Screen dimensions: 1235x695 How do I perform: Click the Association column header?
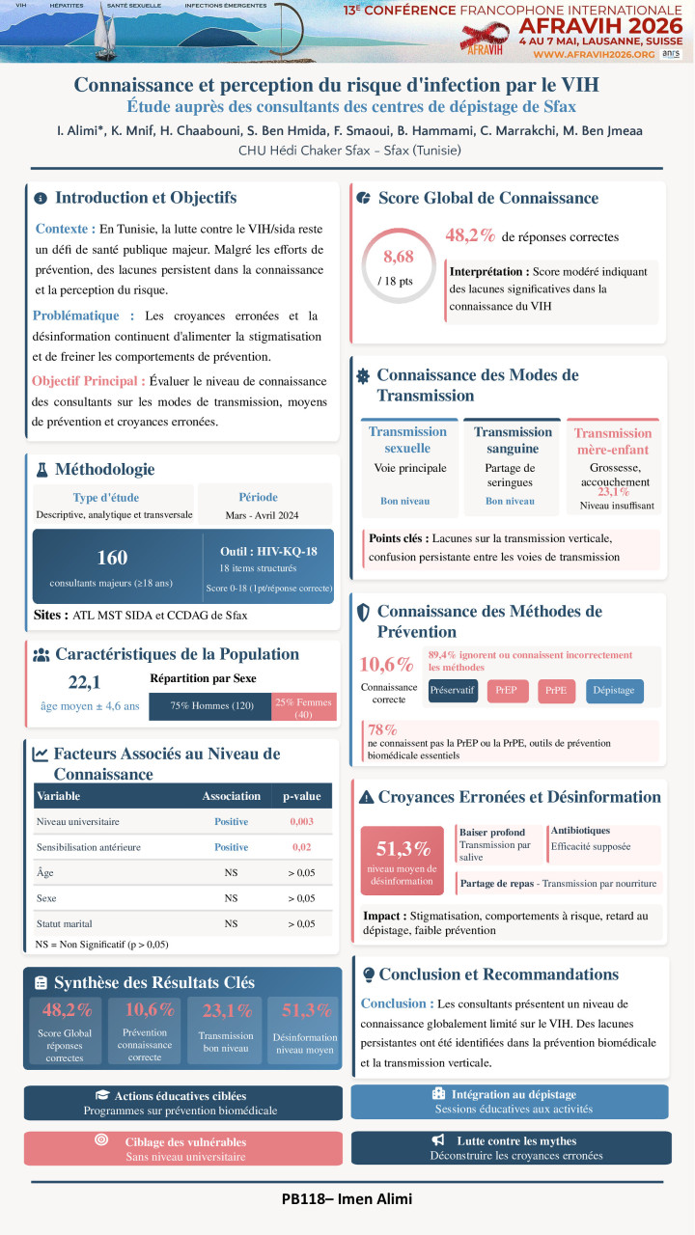(x=231, y=796)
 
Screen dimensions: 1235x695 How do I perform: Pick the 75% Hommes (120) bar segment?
(x=210, y=706)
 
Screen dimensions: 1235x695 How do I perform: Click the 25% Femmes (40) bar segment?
(x=304, y=707)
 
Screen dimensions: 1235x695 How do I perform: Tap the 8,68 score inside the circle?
(x=398, y=257)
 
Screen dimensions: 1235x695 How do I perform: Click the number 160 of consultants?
(x=113, y=558)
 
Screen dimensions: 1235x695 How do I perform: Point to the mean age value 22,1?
(x=86, y=683)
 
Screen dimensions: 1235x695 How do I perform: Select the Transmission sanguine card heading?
(x=513, y=440)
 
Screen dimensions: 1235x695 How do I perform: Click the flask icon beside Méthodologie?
(x=42, y=470)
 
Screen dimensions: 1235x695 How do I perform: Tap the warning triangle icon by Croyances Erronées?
(x=367, y=797)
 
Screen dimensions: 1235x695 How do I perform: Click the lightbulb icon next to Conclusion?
(x=368, y=974)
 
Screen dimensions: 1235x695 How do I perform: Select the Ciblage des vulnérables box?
(x=183, y=1147)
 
